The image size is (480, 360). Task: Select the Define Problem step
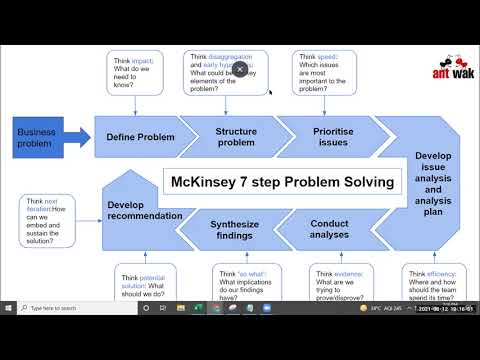(141, 137)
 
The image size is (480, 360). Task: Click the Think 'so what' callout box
(246, 284)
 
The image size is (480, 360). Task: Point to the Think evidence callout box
(341, 284)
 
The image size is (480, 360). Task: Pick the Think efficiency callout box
(433, 284)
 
